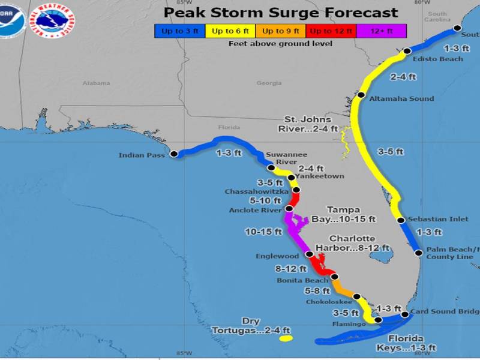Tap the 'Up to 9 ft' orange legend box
coord(281,31)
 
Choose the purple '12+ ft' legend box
coord(382,31)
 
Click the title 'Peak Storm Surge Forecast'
coord(281,13)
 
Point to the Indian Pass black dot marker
coord(174,154)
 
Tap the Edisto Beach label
coord(439,59)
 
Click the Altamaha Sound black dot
coord(361,95)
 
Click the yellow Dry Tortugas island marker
coord(285,339)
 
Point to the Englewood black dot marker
coord(310,254)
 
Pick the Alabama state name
coord(94,83)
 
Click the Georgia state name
coord(268,83)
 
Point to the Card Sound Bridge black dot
coord(405,314)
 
